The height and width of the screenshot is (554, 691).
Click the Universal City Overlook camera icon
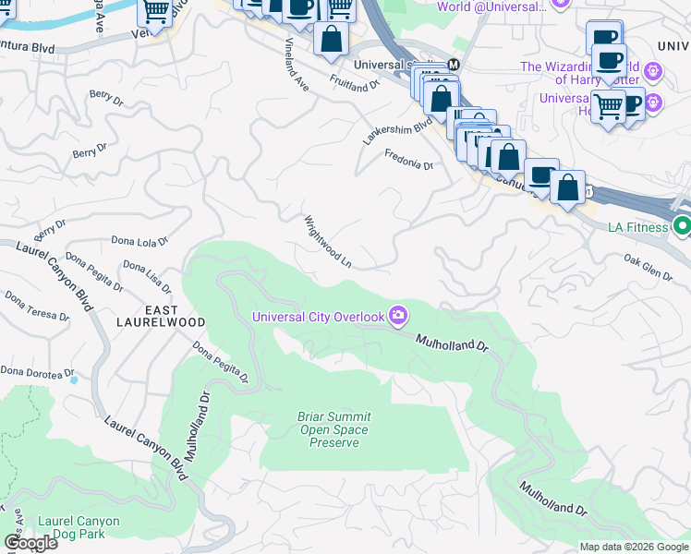[x=398, y=317]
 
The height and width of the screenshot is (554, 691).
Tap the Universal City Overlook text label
[x=319, y=318]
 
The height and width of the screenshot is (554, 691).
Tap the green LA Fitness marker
[x=683, y=225]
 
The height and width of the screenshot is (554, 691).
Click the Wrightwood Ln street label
[x=328, y=242]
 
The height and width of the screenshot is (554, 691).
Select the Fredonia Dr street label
[x=409, y=160]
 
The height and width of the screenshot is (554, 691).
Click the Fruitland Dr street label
[x=356, y=80]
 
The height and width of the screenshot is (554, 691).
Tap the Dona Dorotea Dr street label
[x=37, y=372]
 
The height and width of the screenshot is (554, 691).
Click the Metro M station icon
[x=454, y=65]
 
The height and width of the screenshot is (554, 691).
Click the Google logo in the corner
[x=30, y=543]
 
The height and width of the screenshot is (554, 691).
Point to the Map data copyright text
[x=634, y=547]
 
